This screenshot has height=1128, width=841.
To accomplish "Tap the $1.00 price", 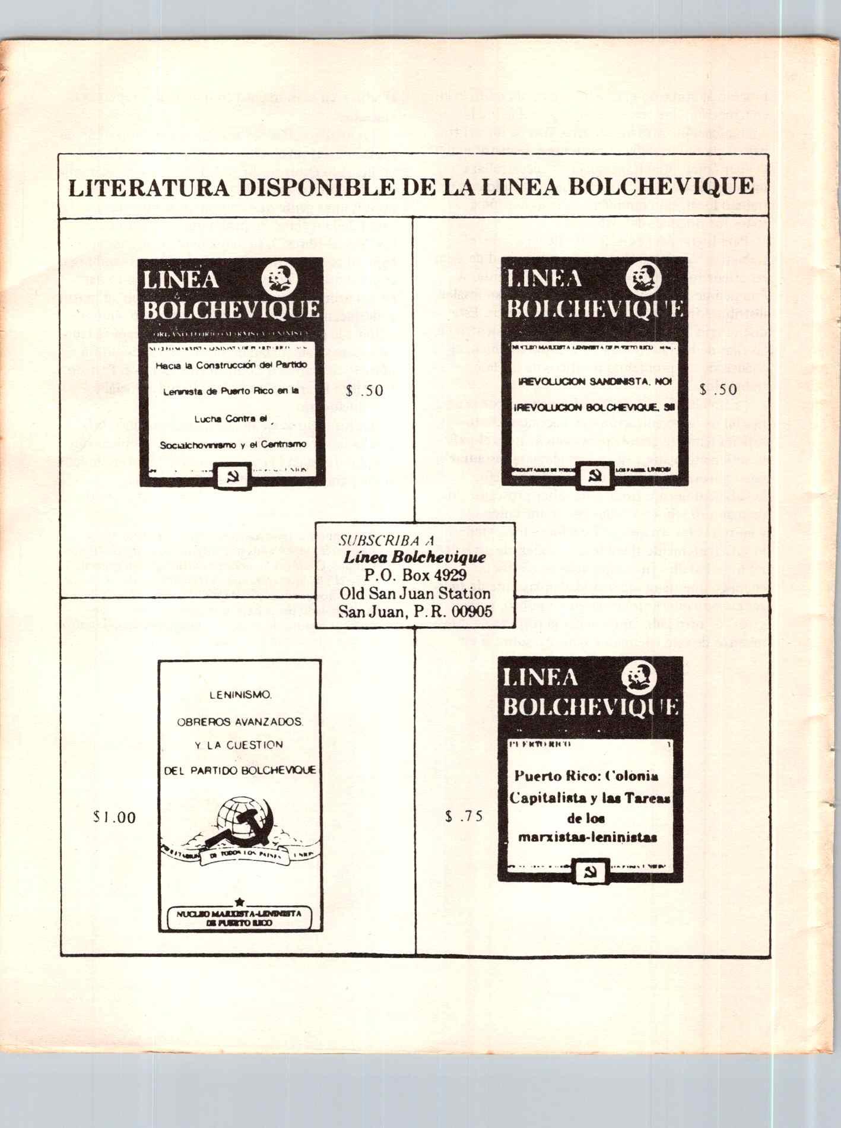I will tap(115, 818).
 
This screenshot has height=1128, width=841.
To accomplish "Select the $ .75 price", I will tap(464, 816).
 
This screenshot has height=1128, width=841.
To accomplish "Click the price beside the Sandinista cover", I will tap(718, 389).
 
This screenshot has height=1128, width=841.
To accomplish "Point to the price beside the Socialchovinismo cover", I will tap(364, 391).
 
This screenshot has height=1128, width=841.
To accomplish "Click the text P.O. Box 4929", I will tap(415, 575).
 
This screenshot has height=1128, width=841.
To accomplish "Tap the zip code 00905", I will tap(472, 611).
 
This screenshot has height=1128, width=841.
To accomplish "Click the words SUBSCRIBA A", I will tap(386, 541).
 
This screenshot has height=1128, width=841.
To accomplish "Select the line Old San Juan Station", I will tap(415, 593).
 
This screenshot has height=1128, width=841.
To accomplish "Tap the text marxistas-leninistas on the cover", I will tap(587, 838).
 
